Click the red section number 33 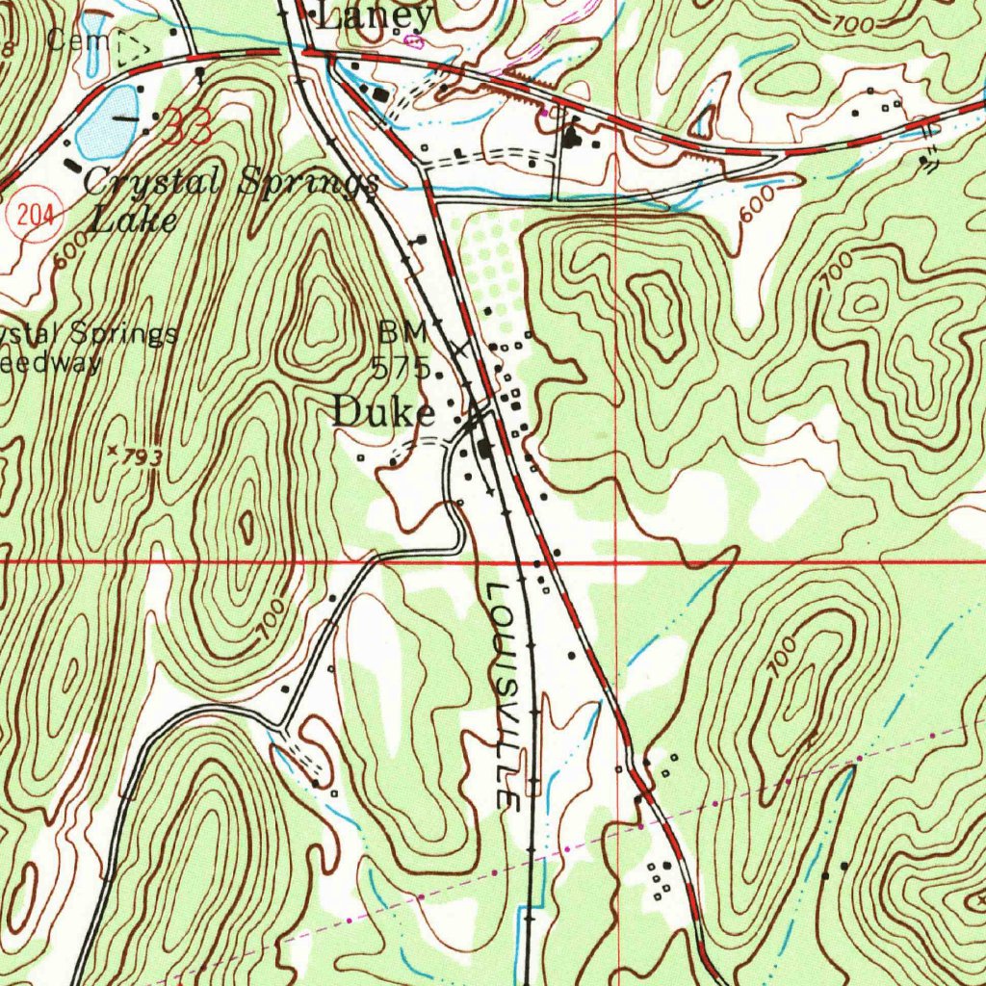(x=186, y=127)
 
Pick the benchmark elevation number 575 (x=402, y=366)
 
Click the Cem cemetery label (x=68, y=40)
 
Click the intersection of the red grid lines (x=616, y=559)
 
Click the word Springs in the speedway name (x=125, y=334)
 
